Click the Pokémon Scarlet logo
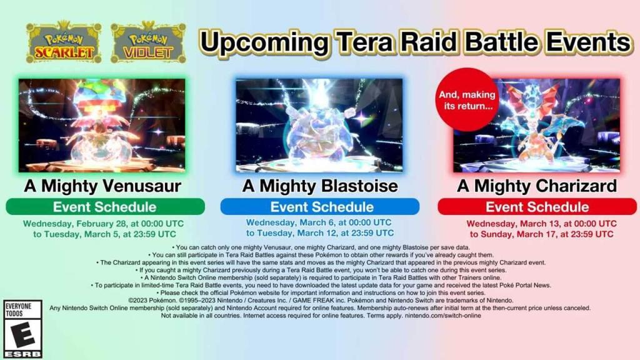tap(63, 42)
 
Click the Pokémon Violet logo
tap(149, 42)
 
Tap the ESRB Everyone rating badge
tap(23, 329)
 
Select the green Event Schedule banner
tap(105, 206)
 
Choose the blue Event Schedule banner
tap(320, 206)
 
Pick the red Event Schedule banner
tap(537, 206)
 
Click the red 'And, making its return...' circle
tap(467, 99)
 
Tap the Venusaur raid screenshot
tap(102, 125)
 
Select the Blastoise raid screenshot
tap(319, 125)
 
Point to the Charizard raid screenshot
tap(536, 125)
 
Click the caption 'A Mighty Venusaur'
tap(102, 186)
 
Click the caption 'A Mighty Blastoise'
tap(320, 186)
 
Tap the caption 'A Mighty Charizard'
tap(537, 186)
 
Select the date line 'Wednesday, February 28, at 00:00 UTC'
tap(103, 224)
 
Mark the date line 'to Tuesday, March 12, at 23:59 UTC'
tap(320, 233)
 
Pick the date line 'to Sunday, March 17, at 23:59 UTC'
tap(541, 234)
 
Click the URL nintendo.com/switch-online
tap(443, 316)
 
